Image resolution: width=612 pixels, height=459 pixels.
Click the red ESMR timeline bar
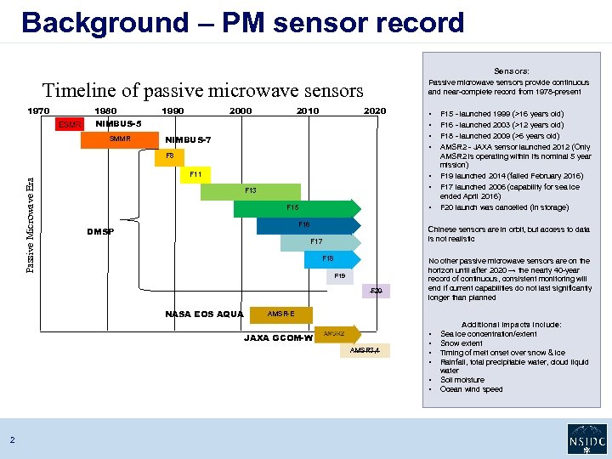71,125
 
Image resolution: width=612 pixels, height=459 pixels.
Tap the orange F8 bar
170,156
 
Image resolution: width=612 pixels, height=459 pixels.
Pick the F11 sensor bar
195,174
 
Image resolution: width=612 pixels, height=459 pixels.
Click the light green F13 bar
250,191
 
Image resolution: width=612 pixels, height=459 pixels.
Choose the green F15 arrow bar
294,208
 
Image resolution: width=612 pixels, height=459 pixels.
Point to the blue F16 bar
303,225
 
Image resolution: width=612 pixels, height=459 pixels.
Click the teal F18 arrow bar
328,258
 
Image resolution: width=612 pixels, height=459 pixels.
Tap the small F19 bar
340,276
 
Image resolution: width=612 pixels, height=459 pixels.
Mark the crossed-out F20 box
377,292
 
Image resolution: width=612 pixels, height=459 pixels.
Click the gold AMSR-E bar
280,314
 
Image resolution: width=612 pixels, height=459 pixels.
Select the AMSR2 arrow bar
335,334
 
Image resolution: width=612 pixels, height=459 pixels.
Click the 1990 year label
173,110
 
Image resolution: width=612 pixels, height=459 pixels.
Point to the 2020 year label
375,110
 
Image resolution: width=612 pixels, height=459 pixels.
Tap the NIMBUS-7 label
188,140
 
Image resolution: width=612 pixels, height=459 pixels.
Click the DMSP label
101,232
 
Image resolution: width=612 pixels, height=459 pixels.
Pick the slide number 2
12,439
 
